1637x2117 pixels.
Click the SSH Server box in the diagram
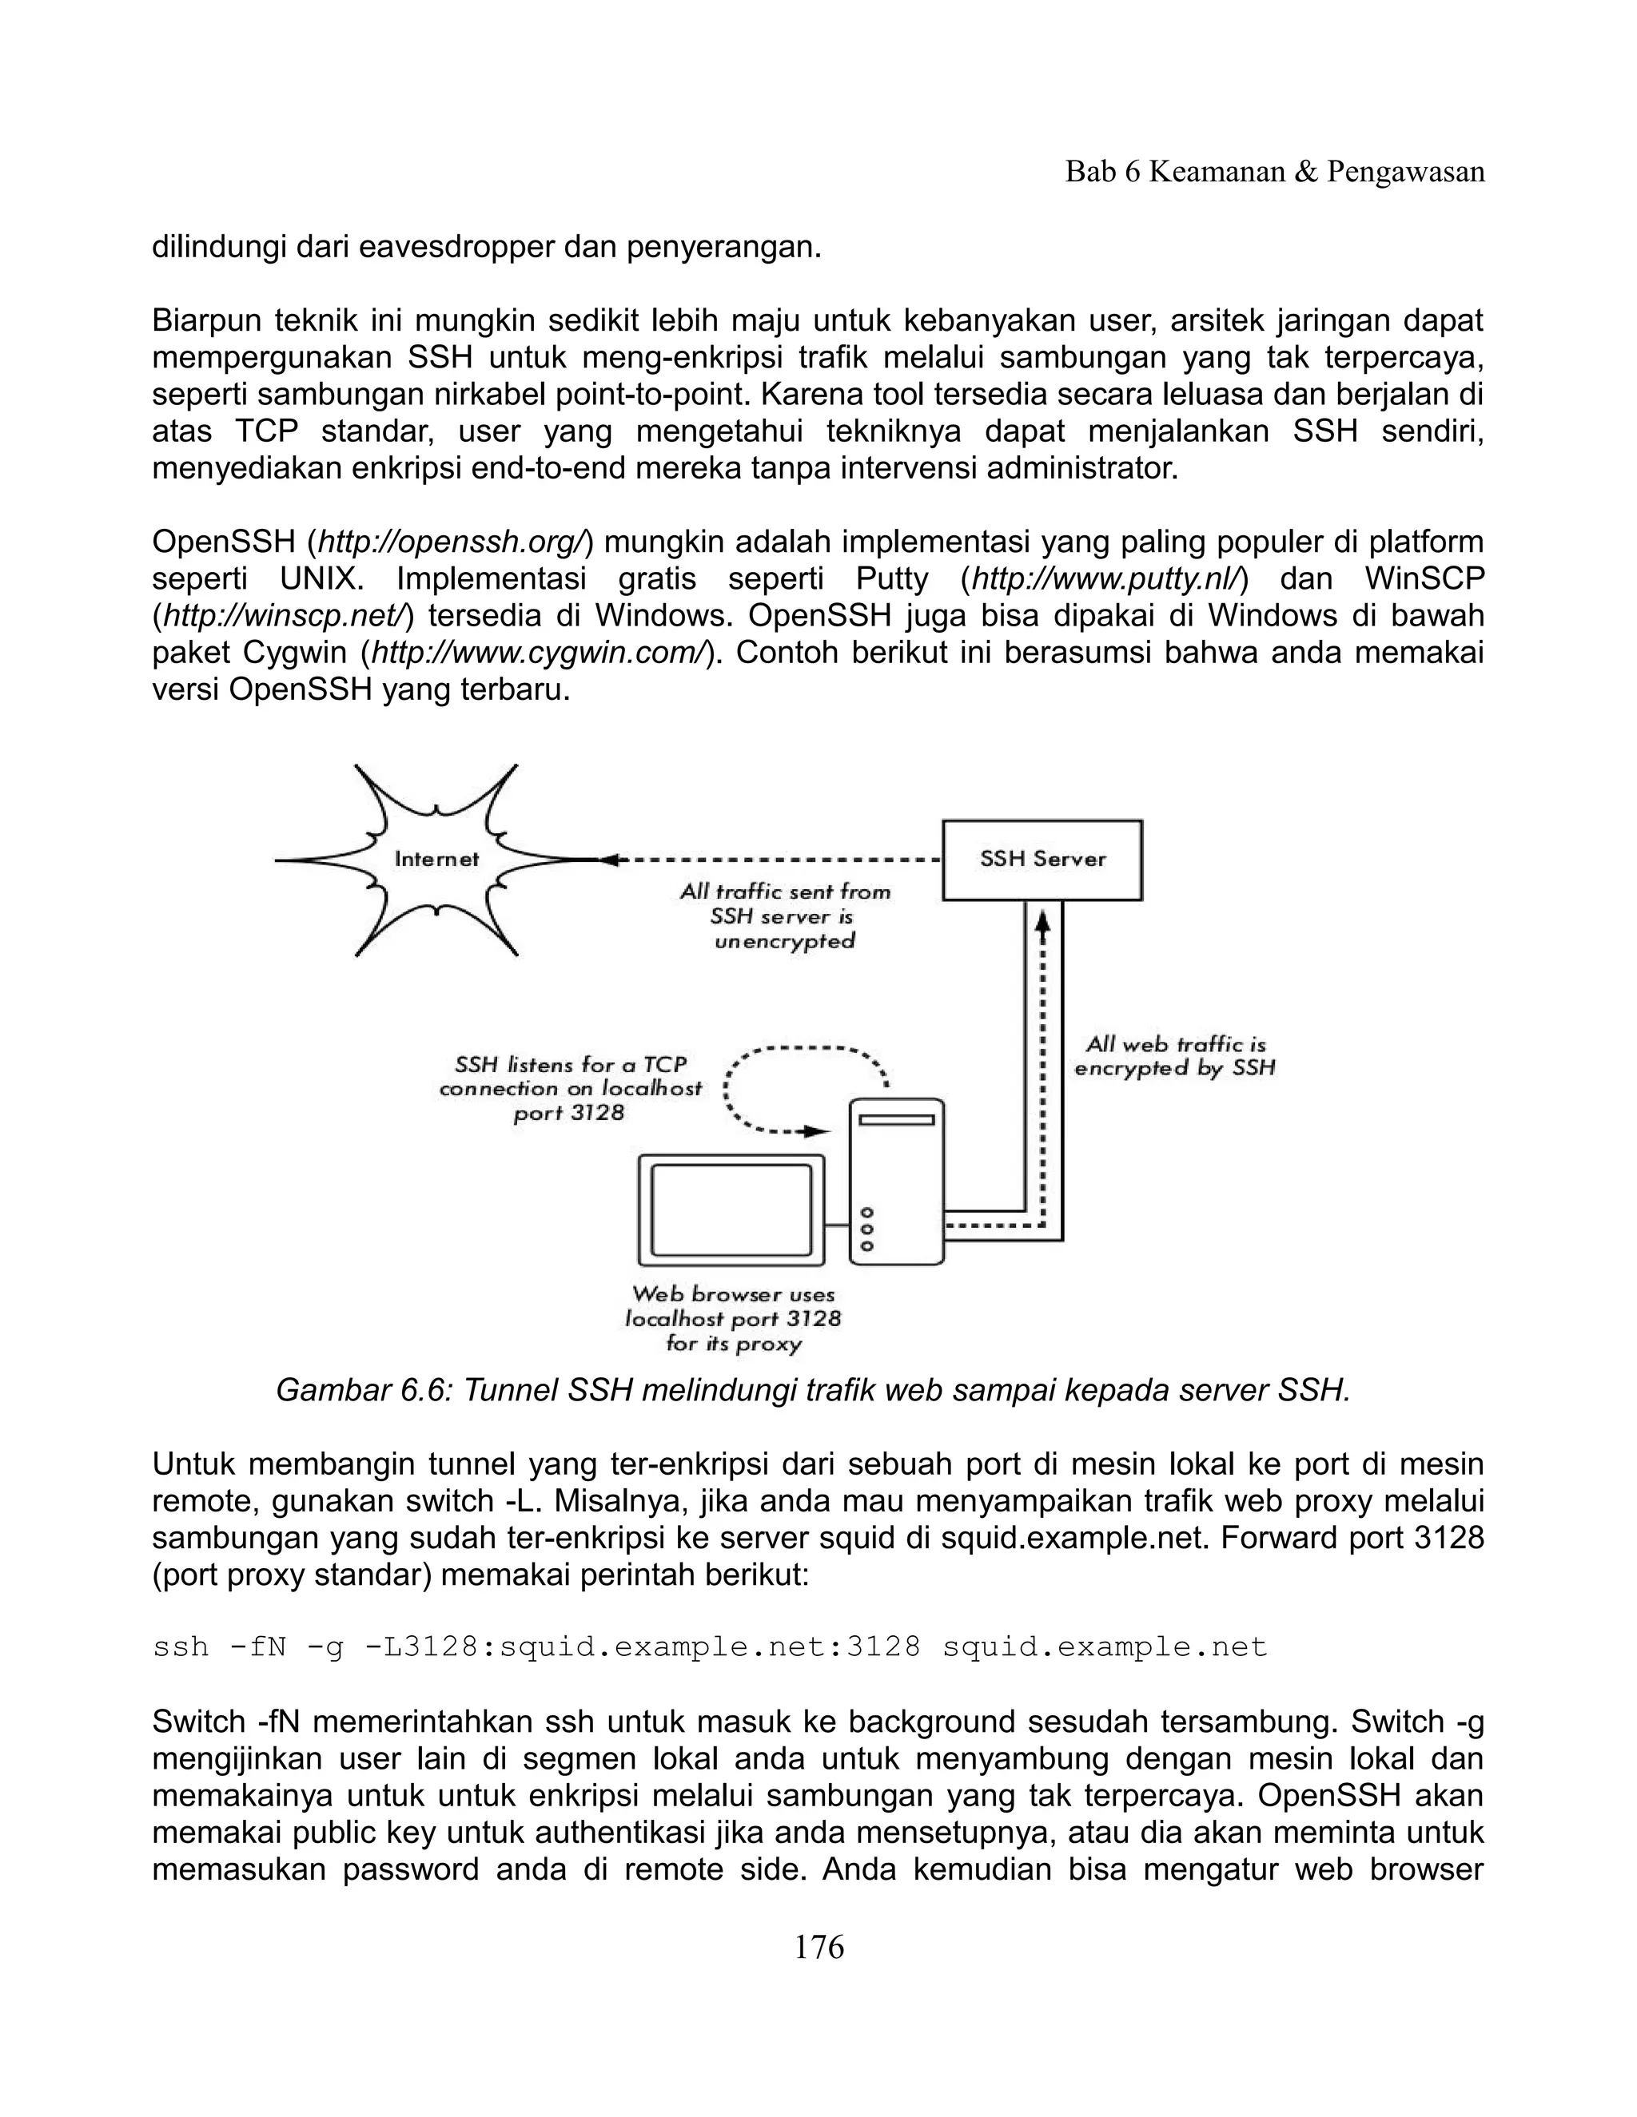pos(1042,860)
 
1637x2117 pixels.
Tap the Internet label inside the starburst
pos(436,859)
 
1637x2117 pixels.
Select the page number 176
pos(818,1946)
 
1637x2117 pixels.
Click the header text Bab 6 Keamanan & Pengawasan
pos(1274,173)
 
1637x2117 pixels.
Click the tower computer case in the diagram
pos(896,1181)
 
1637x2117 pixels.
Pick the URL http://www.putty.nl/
pos(1105,578)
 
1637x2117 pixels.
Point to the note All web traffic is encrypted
pos(1174,1057)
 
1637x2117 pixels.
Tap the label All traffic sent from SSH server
pos(785,916)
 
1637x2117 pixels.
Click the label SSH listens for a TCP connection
pos(570,1089)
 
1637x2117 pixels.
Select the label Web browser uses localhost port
pos(733,1318)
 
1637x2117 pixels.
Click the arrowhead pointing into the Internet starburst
pos(609,860)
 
